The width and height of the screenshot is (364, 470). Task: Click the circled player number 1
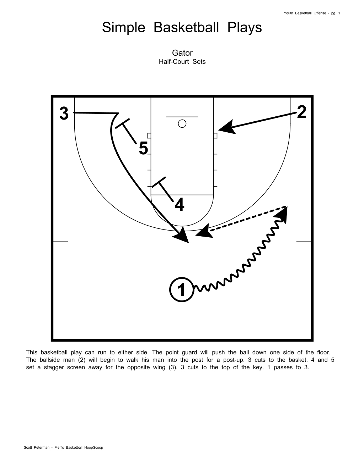click(182, 289)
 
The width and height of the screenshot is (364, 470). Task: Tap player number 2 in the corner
click(301, 112)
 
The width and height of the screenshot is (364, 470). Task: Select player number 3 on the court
click(64, 114)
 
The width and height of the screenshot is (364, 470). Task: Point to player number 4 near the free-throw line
click(180, 204)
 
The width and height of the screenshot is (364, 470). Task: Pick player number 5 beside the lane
click(144, 148)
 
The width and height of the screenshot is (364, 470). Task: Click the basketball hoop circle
click(182, 124)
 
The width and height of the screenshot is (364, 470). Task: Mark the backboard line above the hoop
click(182, 117)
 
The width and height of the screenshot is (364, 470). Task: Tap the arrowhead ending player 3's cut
click(182, 235)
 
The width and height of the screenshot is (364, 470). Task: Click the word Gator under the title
click(182, 53)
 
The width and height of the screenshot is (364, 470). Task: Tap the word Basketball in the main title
click(186, 27)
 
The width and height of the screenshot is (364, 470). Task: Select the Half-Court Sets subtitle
click(182, 62)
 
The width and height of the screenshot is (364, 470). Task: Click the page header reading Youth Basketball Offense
click(305, 13)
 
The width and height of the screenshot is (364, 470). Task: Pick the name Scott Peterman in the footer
click(36, 448)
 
